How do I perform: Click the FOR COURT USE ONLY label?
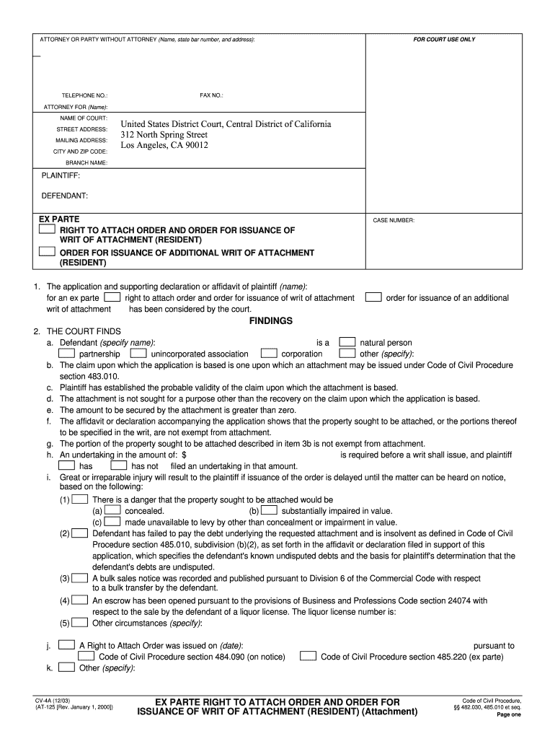click(x=444, y=40)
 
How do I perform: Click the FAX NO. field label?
click(x=211, y=95)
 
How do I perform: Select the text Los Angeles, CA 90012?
click(x=164, y=145)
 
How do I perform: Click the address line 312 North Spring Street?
click(x=164, y=135)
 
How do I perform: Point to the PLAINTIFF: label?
click(x=61, y=175)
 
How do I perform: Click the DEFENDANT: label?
click(x=64, y=196)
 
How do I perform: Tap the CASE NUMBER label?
click(x=394, y=220)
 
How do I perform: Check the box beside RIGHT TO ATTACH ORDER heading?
click(x=47, y=229)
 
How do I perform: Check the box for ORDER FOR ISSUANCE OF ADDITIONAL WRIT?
click(x=47, y=252)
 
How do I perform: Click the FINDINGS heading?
click(x=270, y=321)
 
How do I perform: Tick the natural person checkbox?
click(x=347, y=342)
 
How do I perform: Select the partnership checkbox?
click(x=66, y=354)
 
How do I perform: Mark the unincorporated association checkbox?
click(x=138, y=354)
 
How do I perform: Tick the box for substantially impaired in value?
click(x=268, y=510)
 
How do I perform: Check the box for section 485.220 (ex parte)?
click(x=308, y=656)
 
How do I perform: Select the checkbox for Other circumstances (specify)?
click(x=81, y=622)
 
